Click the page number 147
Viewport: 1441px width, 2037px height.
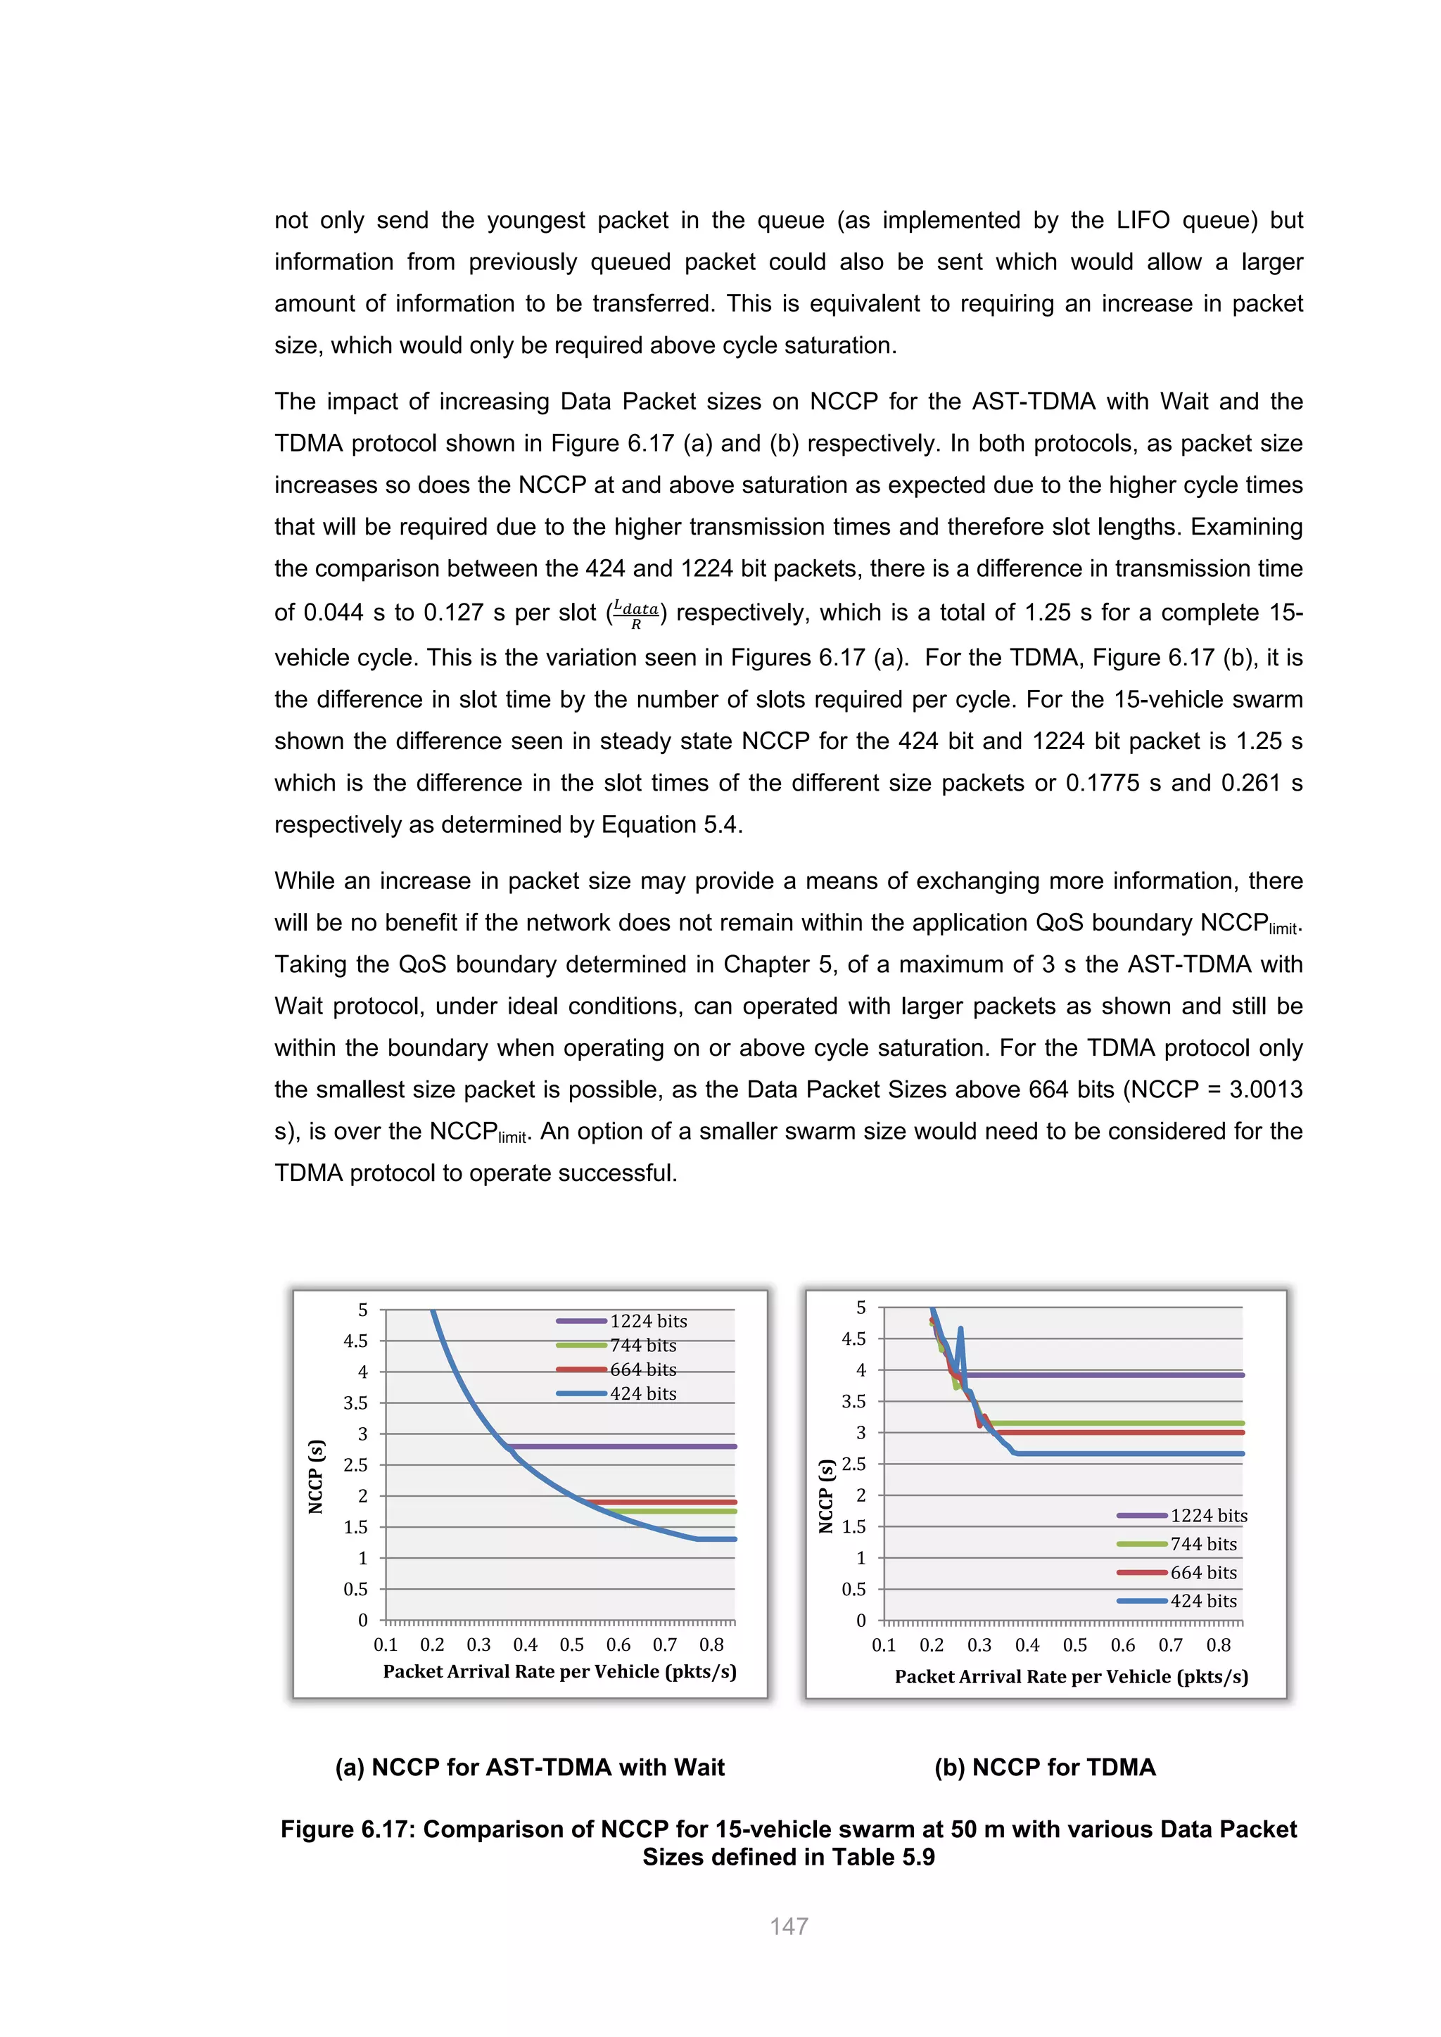(x=788, y=1926)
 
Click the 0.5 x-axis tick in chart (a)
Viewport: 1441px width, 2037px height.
(x=571, y=1645)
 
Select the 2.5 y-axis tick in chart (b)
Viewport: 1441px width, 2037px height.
(x=853, y=1464)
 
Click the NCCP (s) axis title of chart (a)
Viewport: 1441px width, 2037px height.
(x=316, y=1476)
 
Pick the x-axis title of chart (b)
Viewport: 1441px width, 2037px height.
(x=1071, y=1677)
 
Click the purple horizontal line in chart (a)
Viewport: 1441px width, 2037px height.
(x=621, y=1446)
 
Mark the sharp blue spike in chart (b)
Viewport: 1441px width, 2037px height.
(x=960, y=1330)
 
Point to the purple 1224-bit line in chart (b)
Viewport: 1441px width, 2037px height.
(x=1109, y=1375)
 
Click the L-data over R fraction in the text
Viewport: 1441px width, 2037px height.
(x=635, y=613)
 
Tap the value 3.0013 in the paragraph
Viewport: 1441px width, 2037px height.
(x=1265, y=1090)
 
